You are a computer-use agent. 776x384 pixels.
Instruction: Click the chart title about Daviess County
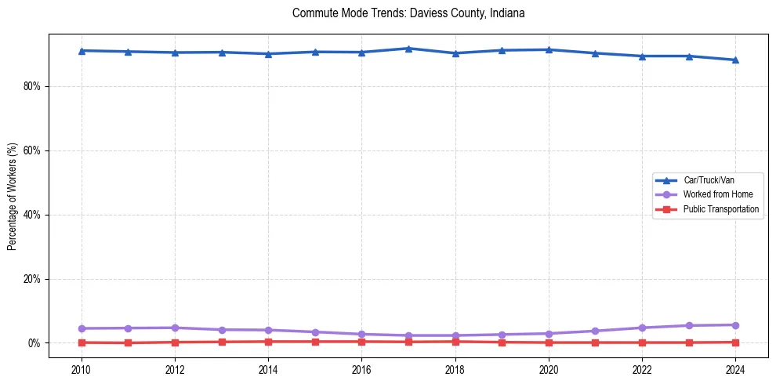click(408, 13)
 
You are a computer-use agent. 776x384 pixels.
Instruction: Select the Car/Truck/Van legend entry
click(709, 180)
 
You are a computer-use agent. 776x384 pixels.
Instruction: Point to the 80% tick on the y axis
click(31, 86)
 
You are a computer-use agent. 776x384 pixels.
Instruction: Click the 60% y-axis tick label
click(31, 150)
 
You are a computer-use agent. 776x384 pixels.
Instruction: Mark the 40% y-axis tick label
click(31, 215)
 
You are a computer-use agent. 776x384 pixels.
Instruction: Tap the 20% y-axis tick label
click(31, 279)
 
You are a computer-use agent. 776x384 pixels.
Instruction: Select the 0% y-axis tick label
click(34, 343)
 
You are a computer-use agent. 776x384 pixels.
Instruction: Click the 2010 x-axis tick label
click(82, 369)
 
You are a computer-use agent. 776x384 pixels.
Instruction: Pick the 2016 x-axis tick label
click(361, 369)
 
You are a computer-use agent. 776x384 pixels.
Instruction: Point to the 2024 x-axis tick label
click(735, 369)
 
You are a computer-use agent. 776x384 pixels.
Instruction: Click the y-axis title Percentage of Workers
click(13, 196)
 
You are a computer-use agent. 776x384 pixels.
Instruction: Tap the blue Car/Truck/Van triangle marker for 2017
click(408, 49)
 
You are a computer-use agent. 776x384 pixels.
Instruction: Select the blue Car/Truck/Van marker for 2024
click(735, 60)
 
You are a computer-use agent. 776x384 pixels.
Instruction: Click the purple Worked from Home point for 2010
click(82, 328)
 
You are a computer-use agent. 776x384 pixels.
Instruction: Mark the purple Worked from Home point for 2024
click(735, 325)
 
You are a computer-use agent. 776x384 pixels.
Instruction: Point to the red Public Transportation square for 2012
click(175, 342)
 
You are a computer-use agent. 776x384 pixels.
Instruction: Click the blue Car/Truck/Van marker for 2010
click(82, 51)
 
